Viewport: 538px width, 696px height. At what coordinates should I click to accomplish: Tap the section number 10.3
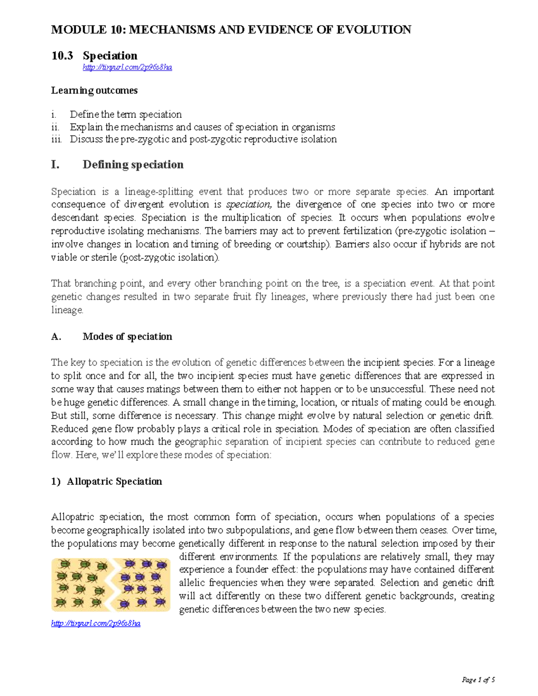coord(62,56)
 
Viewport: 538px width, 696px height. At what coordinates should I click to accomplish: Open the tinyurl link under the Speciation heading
coord(127,67)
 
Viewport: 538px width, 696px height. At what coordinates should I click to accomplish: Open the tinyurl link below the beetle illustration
coord(96,623)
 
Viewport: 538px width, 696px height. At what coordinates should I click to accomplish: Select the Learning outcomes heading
coord(94,91)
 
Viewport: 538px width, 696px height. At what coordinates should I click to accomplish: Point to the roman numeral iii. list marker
coord(56,139)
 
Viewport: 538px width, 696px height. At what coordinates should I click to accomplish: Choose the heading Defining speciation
coord(133,164)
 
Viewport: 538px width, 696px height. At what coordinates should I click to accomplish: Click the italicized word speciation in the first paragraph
coord(248,204)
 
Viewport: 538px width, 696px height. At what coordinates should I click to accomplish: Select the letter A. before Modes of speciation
coord(56,337)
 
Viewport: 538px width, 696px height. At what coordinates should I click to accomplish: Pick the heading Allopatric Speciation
coord(114,481)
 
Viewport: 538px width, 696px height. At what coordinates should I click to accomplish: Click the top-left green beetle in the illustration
coord(65,563)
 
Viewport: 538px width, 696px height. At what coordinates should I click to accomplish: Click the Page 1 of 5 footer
coord(478,680)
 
